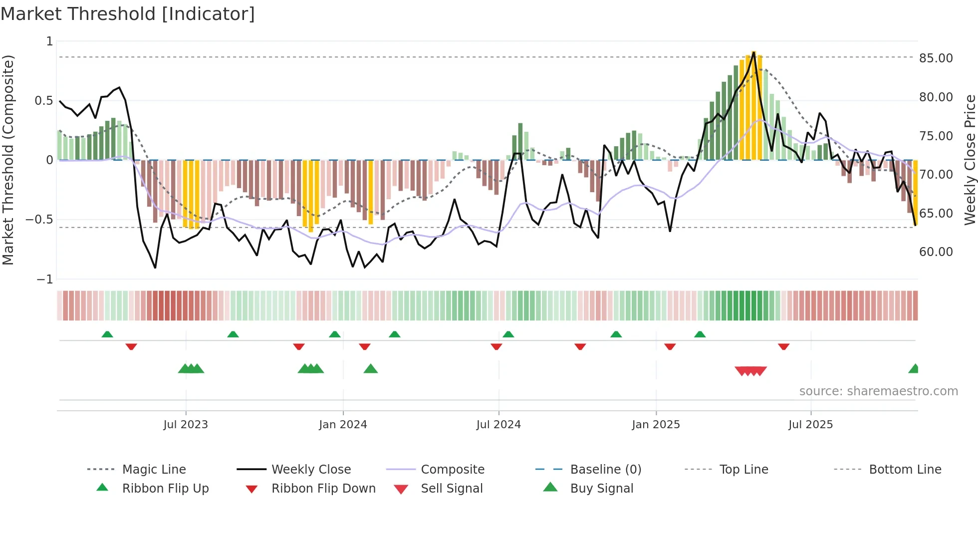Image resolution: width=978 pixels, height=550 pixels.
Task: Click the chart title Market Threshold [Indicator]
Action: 128,14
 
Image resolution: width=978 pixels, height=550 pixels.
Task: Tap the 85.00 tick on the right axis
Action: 936,58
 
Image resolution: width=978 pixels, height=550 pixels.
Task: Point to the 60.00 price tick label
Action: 936,252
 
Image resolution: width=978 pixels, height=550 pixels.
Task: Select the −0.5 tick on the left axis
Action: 39,220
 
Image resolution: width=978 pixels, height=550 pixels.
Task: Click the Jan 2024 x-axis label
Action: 343,425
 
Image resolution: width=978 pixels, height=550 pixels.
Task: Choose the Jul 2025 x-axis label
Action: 810,425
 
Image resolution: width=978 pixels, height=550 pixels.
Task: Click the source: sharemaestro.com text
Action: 878,391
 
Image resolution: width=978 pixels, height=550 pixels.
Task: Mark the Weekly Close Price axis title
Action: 970,160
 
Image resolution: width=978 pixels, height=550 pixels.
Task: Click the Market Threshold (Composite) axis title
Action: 8,160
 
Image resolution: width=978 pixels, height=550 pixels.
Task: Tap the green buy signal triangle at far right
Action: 914,369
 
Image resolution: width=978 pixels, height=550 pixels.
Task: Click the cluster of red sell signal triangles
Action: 750,371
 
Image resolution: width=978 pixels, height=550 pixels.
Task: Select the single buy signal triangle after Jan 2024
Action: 371,369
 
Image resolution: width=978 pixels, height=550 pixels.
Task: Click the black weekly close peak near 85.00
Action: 753,52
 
